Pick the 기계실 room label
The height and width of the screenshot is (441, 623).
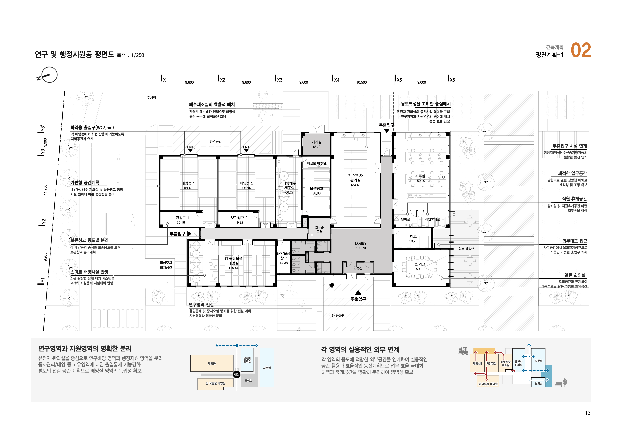pos(317,142)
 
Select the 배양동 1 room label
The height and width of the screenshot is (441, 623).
pos(188,183)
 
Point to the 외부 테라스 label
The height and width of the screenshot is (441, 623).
pos(466,249)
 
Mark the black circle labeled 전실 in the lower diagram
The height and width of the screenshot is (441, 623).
pos(237,374)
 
